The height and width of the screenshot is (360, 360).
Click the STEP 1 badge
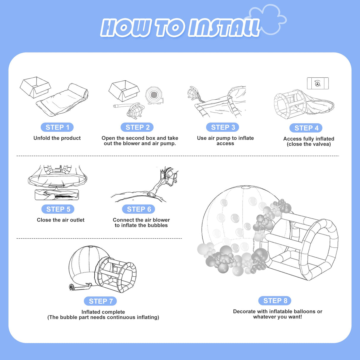tap(57, 127)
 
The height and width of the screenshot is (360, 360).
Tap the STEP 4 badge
tap(306, 128)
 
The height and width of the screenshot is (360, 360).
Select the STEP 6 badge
tap(138, 209)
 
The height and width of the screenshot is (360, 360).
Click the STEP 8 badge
tap(275, 301)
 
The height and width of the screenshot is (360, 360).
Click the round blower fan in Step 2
tap(154, 95)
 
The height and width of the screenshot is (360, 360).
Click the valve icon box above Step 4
tap(318, 83)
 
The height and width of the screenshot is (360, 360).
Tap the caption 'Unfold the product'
tap(57, 138)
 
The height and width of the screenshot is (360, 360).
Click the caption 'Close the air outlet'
tap(60, 220)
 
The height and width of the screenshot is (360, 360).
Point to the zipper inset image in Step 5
tap(57, 195)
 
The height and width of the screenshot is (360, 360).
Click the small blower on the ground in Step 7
tap(72, 287)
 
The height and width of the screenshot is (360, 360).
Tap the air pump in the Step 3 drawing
tap(194, 93)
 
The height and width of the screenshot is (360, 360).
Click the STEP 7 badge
tap(101, 301)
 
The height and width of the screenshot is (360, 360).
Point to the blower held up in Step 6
tap(170, 176)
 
